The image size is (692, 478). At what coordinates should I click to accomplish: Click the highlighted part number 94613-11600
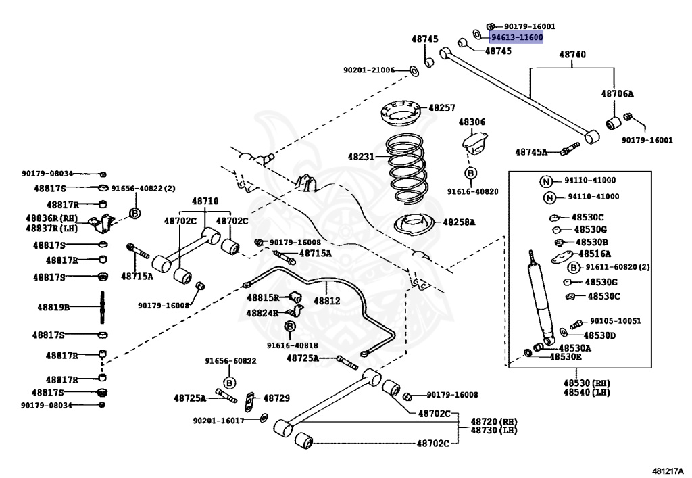click(x=516, y=38)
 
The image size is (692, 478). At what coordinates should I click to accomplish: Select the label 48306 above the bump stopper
click(x=472, y=122)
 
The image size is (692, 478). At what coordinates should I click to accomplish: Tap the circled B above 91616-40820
click(x=470, y=173)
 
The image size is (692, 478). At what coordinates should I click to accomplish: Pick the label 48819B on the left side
click(x=53, y=306)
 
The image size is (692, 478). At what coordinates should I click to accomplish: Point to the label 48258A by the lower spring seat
click(x=459, y=222)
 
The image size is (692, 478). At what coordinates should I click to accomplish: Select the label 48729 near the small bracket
click(x=276, y=398)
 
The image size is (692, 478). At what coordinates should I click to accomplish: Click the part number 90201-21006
click(x=369, y=70)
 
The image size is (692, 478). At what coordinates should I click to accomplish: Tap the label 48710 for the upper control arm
click(x=205, y=201)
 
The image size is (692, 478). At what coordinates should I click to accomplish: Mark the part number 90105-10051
click(x=615, y=321)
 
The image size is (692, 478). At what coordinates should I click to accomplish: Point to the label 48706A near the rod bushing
click(x=618, y=94)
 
